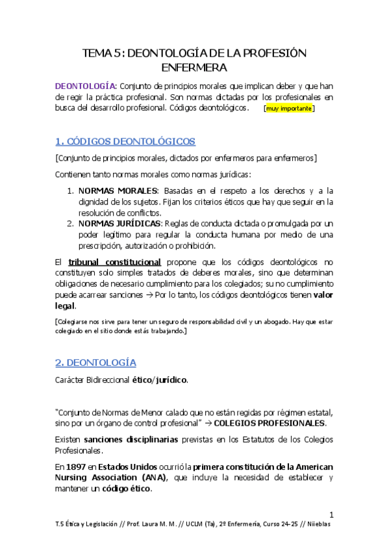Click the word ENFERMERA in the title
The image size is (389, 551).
[x=194, y=67]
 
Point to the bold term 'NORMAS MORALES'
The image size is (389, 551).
[x=118, y=190]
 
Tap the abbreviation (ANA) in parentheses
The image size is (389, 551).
[x=151, y=478]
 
